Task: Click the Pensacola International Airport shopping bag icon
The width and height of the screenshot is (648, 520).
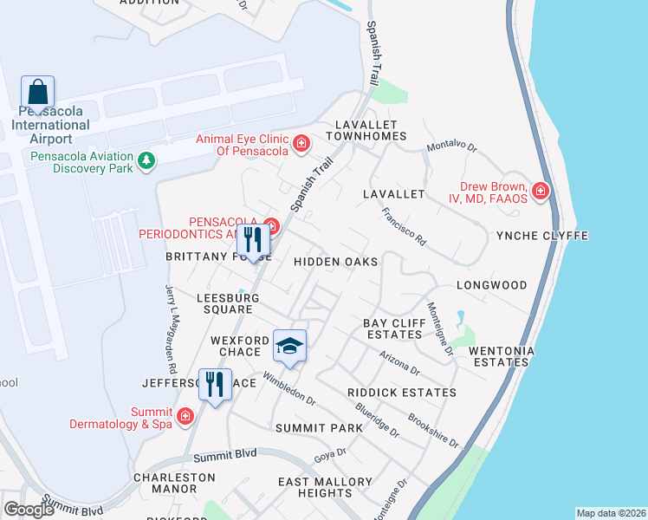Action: pyautogui.click(x=38, y=92)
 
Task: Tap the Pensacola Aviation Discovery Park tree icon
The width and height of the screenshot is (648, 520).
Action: pyautogui.click(x=147, y=161)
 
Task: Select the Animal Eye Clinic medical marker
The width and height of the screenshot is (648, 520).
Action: pyautogui.click(x=301, y=143)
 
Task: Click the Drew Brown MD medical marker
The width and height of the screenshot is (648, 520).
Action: pyautogui.click(x=541, y=191)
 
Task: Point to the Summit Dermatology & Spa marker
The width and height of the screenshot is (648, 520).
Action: pyautogui.click(x=185, y=418)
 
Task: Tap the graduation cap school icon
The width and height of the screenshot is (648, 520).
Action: pyautogui.click(x=289, y=347)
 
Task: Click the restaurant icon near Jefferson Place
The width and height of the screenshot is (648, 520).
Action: pyautogui.click(x=215, y=384)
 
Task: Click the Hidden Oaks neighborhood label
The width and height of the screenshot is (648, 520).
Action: pyautogui.click(x=335, y=261)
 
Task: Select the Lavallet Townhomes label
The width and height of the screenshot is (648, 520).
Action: pyautogui.click(x=366, y=131)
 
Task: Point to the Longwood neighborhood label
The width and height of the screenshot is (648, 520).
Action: pyautogui.click(x=491, y=285)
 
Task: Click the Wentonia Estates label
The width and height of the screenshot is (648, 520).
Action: pyautogui.click(x=502, y=357)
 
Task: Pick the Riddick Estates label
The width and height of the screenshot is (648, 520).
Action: pyautogui.click(x=401, y=393)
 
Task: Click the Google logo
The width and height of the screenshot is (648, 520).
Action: pyautogui.click(x=29, y=510)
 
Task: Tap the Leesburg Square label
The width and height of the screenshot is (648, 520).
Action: pyautogui.click(x=228, y=303)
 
